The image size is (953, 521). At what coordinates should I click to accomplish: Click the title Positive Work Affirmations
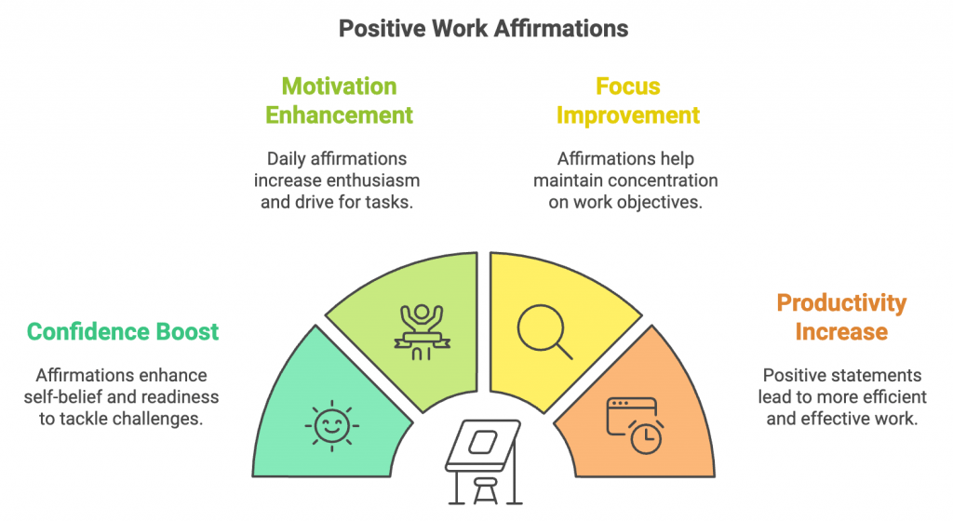click(483, 29)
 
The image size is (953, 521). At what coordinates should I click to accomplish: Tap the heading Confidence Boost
click(123, 331)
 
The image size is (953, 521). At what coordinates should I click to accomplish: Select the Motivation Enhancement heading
click(339, 100)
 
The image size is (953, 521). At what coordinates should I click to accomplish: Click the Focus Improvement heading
click(627, 100)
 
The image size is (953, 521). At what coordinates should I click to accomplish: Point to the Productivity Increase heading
click(841, 317)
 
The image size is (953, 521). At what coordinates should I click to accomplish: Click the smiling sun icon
click(330, 426)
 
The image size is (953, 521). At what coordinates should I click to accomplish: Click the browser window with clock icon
click(634, 424)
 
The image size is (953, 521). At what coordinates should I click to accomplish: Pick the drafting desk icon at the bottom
click(482, 456)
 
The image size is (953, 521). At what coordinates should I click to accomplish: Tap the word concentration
click(664, 180)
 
